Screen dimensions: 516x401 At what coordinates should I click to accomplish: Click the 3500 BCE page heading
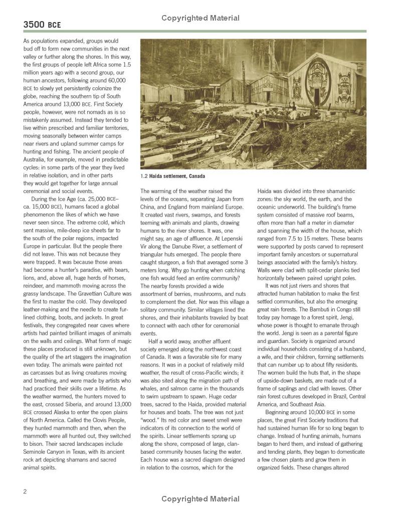pos(43,24)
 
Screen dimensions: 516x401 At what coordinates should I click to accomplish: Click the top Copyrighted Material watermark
pos(200,19)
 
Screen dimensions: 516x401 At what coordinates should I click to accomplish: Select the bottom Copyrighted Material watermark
pos(200,499)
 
